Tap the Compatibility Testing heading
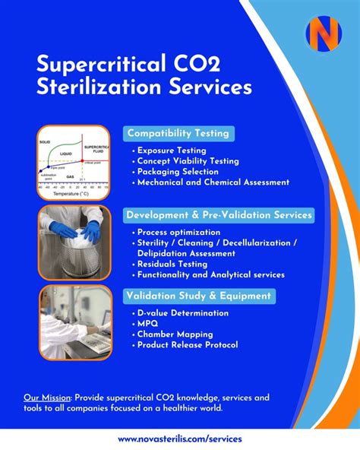point(177,133)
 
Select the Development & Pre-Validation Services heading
point(219,215)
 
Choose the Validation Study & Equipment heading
point(200,296)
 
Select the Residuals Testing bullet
point(174,264)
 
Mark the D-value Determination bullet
point(182,313)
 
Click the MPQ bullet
point(148,324)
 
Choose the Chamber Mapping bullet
point(175,334)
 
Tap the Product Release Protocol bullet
point(187,345)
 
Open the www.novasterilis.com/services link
point(179,439)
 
